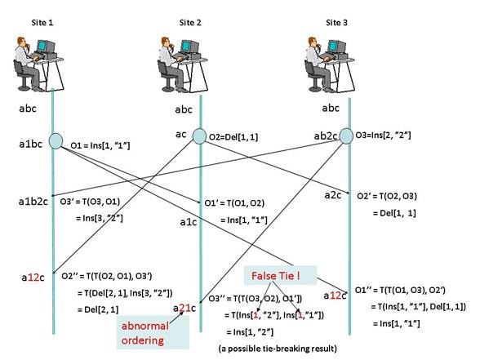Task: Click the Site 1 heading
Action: coord(42,22)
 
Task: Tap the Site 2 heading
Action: coord(190,22)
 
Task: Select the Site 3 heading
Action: coord(336,22)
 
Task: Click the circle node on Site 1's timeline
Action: coord(56,141)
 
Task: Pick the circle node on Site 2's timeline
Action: coord(199,136)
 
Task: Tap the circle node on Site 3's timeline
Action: coord(346,136)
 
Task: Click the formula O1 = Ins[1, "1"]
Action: coord(100,145)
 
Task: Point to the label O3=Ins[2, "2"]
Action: coord(383,135)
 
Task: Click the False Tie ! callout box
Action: coord(280,276)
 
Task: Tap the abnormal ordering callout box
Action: coord(153,333)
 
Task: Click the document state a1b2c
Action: coord(33,201)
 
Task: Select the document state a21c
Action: coord(184,308)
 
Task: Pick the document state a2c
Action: coord(333,195)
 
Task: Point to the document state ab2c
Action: coord(326,136)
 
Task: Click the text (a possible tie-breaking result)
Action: coord(278,349)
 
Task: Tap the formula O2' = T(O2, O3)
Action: coord(387,196)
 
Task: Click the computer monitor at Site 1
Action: coord(46,47)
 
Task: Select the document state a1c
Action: coord(189,222)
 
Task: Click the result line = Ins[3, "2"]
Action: coord(100,218)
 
